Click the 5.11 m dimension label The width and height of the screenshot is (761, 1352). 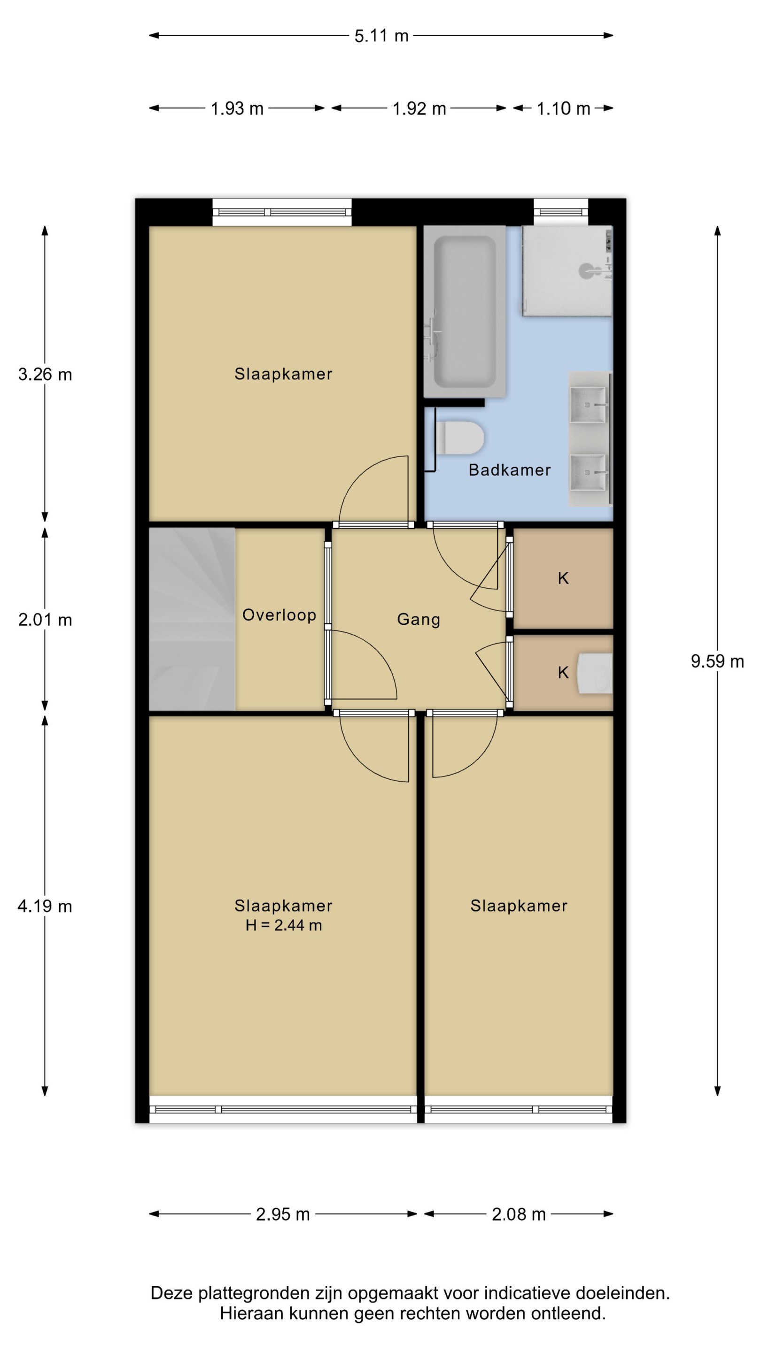tap(381, 36)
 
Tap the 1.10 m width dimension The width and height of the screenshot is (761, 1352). tap(563, 108)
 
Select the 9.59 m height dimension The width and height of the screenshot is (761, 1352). tap(717, 661)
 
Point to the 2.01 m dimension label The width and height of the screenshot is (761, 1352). tap(45, 620)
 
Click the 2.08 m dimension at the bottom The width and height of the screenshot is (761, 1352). tap(518, 1214)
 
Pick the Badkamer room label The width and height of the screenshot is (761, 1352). tap(509, 470)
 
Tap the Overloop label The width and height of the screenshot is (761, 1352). tap(279, 615)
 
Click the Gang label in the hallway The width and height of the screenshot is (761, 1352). tap(419, 620)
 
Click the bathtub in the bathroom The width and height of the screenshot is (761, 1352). tap(464, 311)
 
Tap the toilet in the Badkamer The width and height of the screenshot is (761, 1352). tap(459, 438)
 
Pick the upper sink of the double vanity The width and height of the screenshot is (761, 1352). tap(589, 404)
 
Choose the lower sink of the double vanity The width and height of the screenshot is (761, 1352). tap(589, 472)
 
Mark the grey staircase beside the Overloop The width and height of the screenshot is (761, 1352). tap(192, 619)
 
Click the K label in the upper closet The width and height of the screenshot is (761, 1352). tap(563, 578)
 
